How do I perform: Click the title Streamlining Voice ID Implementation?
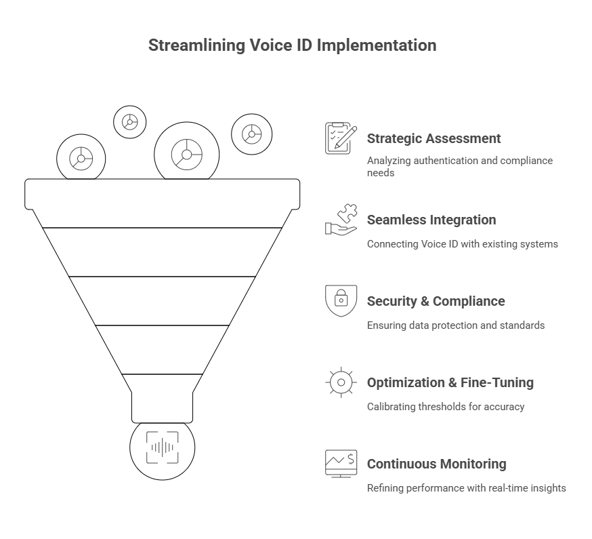click(x=292, y=46)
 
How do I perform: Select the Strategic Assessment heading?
click(x=434, y=138)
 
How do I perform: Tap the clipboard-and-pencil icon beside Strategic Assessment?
click(x=341, y=138)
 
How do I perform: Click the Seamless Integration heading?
click(x=431, y=220)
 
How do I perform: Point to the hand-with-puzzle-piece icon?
click(x=341, y=220)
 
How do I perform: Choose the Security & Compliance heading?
click(x=436, y=301)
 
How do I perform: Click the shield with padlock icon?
click(x=341, y=301)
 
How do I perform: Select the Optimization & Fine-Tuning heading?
click(x=450, y=382)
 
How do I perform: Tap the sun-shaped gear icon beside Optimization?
click(x=341, y=382)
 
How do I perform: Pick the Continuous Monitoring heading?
click(x=436, y=464)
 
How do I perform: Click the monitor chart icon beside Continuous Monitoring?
click(x=341, y=464)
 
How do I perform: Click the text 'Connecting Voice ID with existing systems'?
click(x=462, y=244)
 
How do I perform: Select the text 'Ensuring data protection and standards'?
click(x=455, y=325)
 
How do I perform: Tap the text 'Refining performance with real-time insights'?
click(x=466, y=488)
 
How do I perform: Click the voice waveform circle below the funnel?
click(x=163, y=447)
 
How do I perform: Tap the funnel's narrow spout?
click(x=163, y=405)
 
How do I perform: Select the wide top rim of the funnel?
click(x=163, y=194)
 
